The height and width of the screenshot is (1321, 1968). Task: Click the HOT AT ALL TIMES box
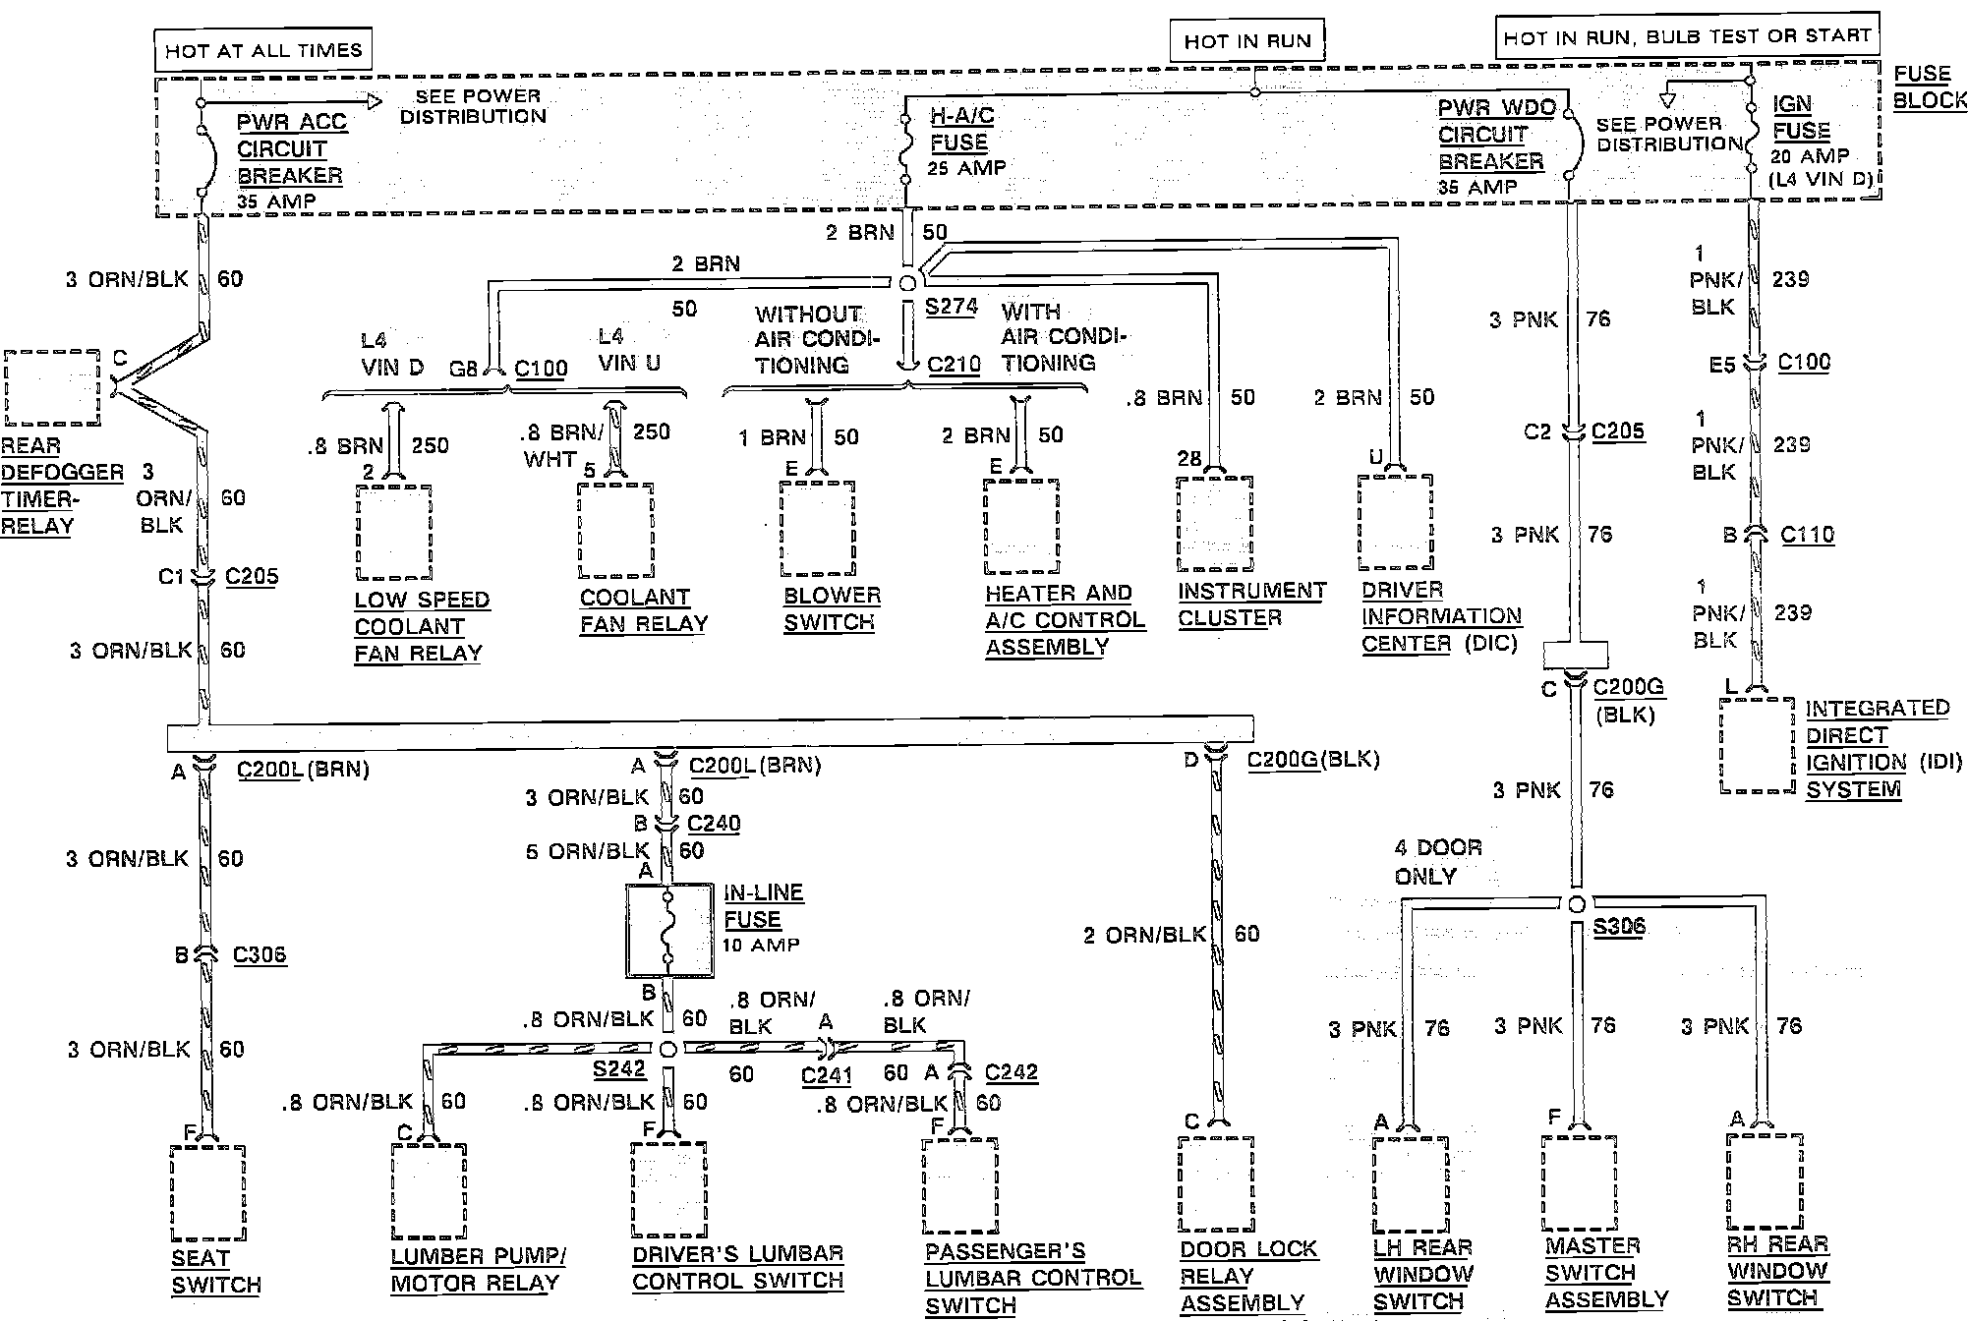pos(262,50)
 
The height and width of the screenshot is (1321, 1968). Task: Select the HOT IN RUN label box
pos(1246,41)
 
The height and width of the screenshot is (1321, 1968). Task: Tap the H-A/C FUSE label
pos(962,129)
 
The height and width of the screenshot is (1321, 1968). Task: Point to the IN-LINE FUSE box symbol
pos(669,930)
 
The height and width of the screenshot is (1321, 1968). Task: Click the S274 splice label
pos(951,306)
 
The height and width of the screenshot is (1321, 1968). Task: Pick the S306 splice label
pos(1618,926)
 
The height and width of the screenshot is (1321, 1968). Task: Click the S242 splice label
pos(619,1068)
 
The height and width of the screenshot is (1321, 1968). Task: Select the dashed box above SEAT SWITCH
pos(207,1191)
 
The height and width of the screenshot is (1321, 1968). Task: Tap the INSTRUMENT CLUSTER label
pos(1251,603)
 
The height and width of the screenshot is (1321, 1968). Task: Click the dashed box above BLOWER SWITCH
pos(817,529)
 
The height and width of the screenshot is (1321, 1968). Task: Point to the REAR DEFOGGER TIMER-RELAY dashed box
pos(52,387)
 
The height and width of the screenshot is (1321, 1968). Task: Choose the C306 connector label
pos(260,954)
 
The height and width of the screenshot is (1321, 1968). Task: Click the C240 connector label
pos(714,823)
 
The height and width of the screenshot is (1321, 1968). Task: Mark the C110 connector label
pos(1807,535)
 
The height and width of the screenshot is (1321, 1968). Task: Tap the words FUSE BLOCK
pos(1928,86)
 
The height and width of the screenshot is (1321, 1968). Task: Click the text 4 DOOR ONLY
pos(1437,861)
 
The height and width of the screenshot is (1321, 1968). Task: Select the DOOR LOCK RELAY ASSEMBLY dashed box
pos(1215,1183)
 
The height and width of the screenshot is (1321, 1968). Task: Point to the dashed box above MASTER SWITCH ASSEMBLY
pos(1579,1183)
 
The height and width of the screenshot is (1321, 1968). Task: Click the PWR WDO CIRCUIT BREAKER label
pos(1495,135)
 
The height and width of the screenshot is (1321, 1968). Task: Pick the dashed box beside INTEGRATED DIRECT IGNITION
pos(1757,745)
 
